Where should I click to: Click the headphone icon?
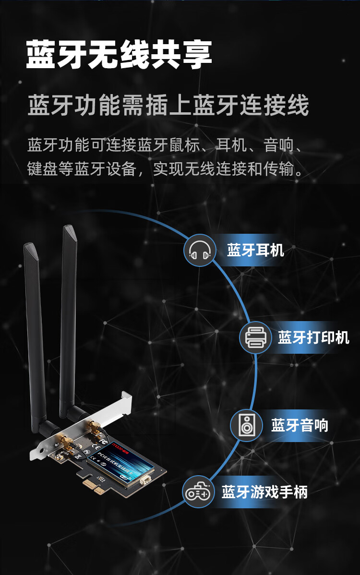coord(200,250)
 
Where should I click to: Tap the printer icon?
coord(255,337)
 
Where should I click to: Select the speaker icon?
coord(247,425)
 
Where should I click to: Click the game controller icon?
coord(198,492)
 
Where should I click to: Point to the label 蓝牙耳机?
coord(255,250)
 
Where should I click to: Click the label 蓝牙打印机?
coord(313,337)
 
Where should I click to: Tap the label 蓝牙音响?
coord(300,425)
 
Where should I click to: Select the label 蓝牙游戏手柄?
coord(264,492)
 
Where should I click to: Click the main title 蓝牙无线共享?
coord(119,56)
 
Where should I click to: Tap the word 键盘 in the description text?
coord(43,169)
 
